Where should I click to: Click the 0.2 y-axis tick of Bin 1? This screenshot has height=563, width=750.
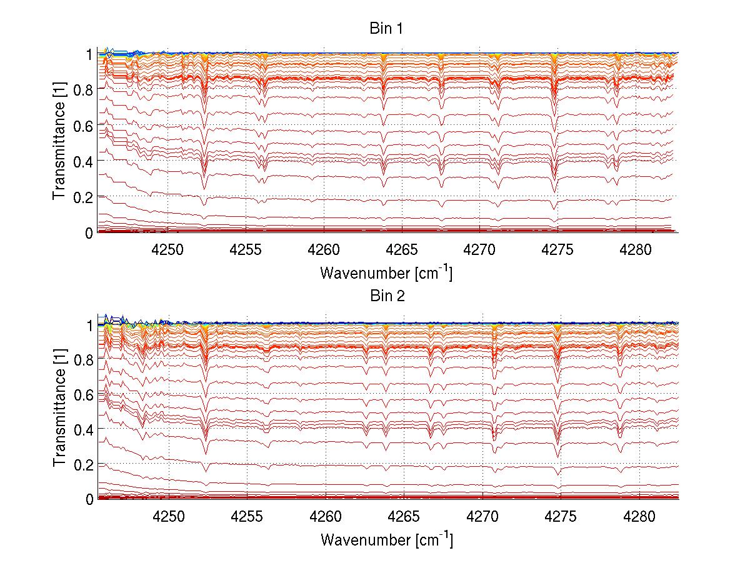point(82,196)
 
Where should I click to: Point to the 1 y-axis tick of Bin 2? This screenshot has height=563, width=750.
point(89,325)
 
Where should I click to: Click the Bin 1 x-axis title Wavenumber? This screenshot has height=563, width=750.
point(386,272)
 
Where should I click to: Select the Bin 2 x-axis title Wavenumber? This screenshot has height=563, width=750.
point(386,539)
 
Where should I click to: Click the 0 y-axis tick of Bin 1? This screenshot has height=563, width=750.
point(89,232)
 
